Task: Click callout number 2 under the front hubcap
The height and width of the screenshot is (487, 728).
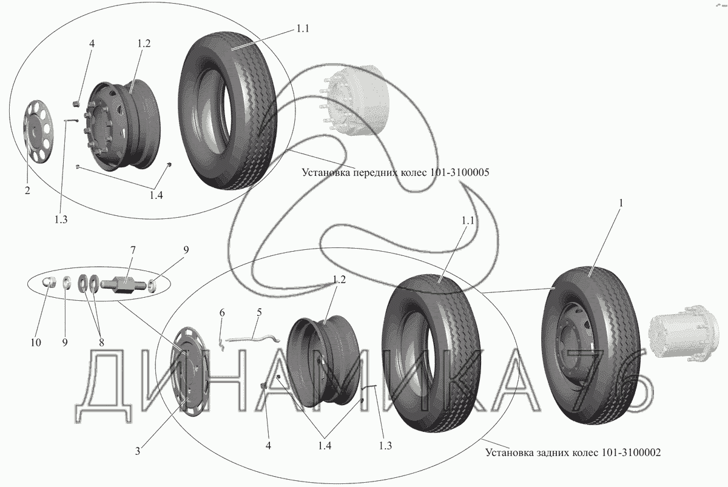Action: coord(27,191)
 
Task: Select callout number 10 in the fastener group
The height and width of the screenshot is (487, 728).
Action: coord(35,343)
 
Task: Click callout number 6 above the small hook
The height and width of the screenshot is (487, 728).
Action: coord(222,313)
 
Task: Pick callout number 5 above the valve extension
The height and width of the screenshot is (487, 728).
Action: coord(259,313)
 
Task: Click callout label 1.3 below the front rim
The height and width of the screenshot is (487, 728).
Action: coord(60,220)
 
